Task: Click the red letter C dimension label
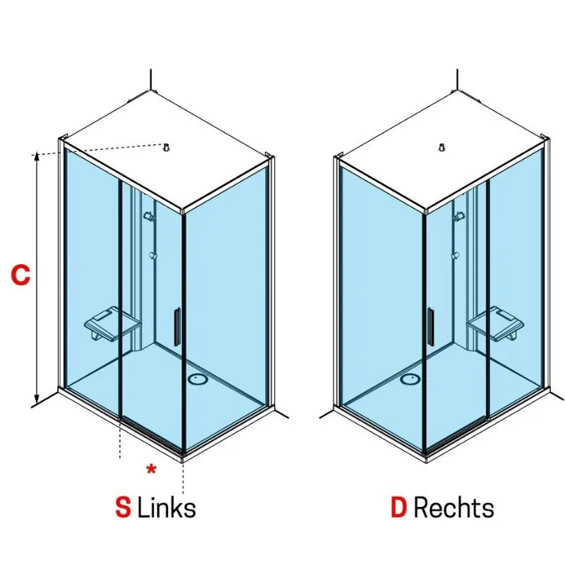click(20, 275)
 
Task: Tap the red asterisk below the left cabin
click(151, 469)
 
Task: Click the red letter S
click(123, 508)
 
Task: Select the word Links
click(167, 508)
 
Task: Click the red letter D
click(399, 508)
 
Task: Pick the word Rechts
click(453, 508)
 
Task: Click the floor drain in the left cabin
click(198, 379)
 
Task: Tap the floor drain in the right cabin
click(410, 379)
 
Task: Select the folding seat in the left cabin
click(112, 323)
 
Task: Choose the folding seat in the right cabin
click(496, 323)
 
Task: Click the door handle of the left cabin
click(177, 327)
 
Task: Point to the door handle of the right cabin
click(431, 327)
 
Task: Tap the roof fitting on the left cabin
click(166, 147)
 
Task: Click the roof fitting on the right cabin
click(442, 147)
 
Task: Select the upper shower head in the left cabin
click(150, 217)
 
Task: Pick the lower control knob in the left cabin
click(153, 256)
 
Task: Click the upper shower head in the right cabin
click(458, 217)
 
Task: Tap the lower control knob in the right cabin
click(456, 256)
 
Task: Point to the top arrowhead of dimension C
click(37, 157)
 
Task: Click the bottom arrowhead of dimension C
click(37, 399)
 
